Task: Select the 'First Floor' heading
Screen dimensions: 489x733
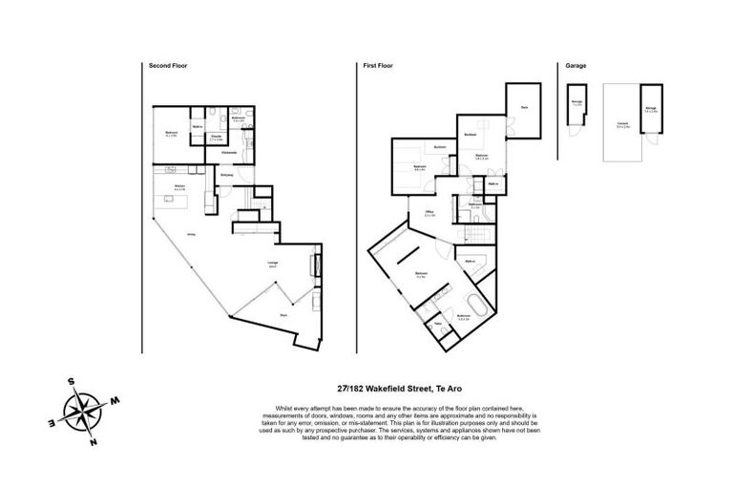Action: tap(378, 66)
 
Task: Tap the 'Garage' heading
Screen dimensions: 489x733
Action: tap(576, 66)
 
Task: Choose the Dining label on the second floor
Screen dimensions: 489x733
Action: tap(192, 235)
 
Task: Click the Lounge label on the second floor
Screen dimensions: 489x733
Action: tap(273, 265)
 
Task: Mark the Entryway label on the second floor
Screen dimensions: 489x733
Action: tap(227, 176)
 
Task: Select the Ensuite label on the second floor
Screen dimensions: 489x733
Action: tap(217, 137)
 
